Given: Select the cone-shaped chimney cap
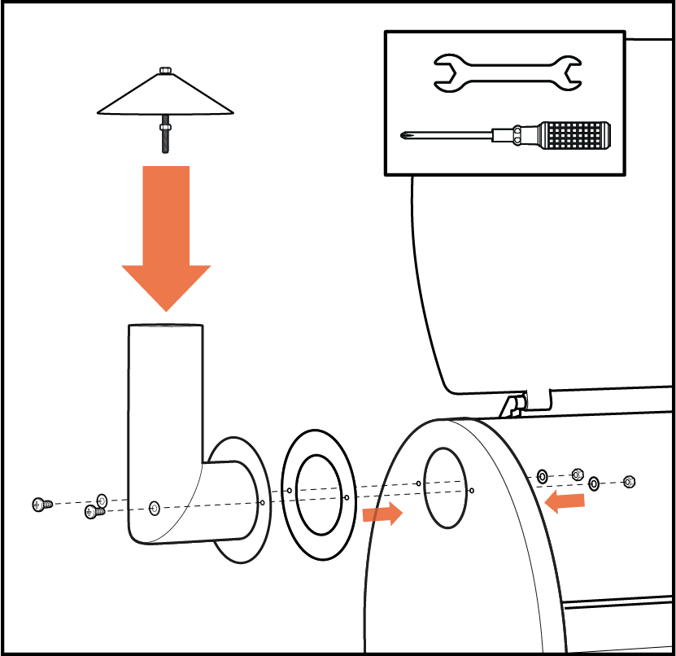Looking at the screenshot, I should pos(166,96).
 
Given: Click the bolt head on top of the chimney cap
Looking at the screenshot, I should pos(166,71).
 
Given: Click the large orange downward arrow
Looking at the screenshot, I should pos(166,236).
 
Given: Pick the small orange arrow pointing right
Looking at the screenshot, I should pos(382,514).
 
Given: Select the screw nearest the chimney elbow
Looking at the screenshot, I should pos(94,513).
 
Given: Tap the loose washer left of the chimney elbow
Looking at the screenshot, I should pos(102,500).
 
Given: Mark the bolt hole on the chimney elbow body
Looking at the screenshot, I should pos(155,508).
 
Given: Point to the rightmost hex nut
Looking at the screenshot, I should pos(628,482).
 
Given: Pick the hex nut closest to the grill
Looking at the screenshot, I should pos(578,474).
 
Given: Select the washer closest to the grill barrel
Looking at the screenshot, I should pos(542,475).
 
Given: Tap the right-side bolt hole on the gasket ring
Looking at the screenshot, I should pos(347,497).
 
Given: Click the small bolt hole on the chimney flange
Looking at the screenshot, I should pos(261,502).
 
